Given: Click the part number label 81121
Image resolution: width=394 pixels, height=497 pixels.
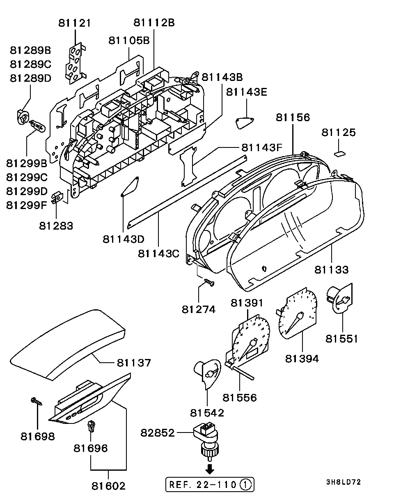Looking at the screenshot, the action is point(75,23).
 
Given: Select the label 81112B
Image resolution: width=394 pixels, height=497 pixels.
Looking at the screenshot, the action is point(154,23).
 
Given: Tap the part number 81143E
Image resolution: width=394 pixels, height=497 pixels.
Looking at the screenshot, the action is point(247,92).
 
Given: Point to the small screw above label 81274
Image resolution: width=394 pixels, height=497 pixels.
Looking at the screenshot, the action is point(209,282).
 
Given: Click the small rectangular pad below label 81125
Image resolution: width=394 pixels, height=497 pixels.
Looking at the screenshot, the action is point(340,154).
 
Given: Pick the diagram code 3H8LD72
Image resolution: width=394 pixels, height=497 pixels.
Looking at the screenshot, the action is point(344,482).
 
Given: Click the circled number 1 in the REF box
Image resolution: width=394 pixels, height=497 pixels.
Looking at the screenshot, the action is point(245,485).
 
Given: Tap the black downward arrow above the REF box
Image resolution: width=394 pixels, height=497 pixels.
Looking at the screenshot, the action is point(210,469).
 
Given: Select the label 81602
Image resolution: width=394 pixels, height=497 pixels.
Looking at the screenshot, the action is point(108,486).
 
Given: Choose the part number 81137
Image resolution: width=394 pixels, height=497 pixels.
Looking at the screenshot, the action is point(134,363).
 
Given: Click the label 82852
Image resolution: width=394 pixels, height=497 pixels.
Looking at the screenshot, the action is point(158,433).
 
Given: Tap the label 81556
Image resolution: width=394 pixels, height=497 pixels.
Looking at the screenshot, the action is point(240,398).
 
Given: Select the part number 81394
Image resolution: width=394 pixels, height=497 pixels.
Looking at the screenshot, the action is point(302,359).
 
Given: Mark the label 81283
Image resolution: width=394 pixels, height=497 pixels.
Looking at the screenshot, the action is point(56,225).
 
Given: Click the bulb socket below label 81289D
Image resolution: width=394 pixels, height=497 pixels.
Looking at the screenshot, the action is point(23,117).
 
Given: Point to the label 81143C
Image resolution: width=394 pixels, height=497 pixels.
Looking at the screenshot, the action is point(158,253).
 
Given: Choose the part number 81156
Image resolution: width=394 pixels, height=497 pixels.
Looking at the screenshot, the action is point(293,117).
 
